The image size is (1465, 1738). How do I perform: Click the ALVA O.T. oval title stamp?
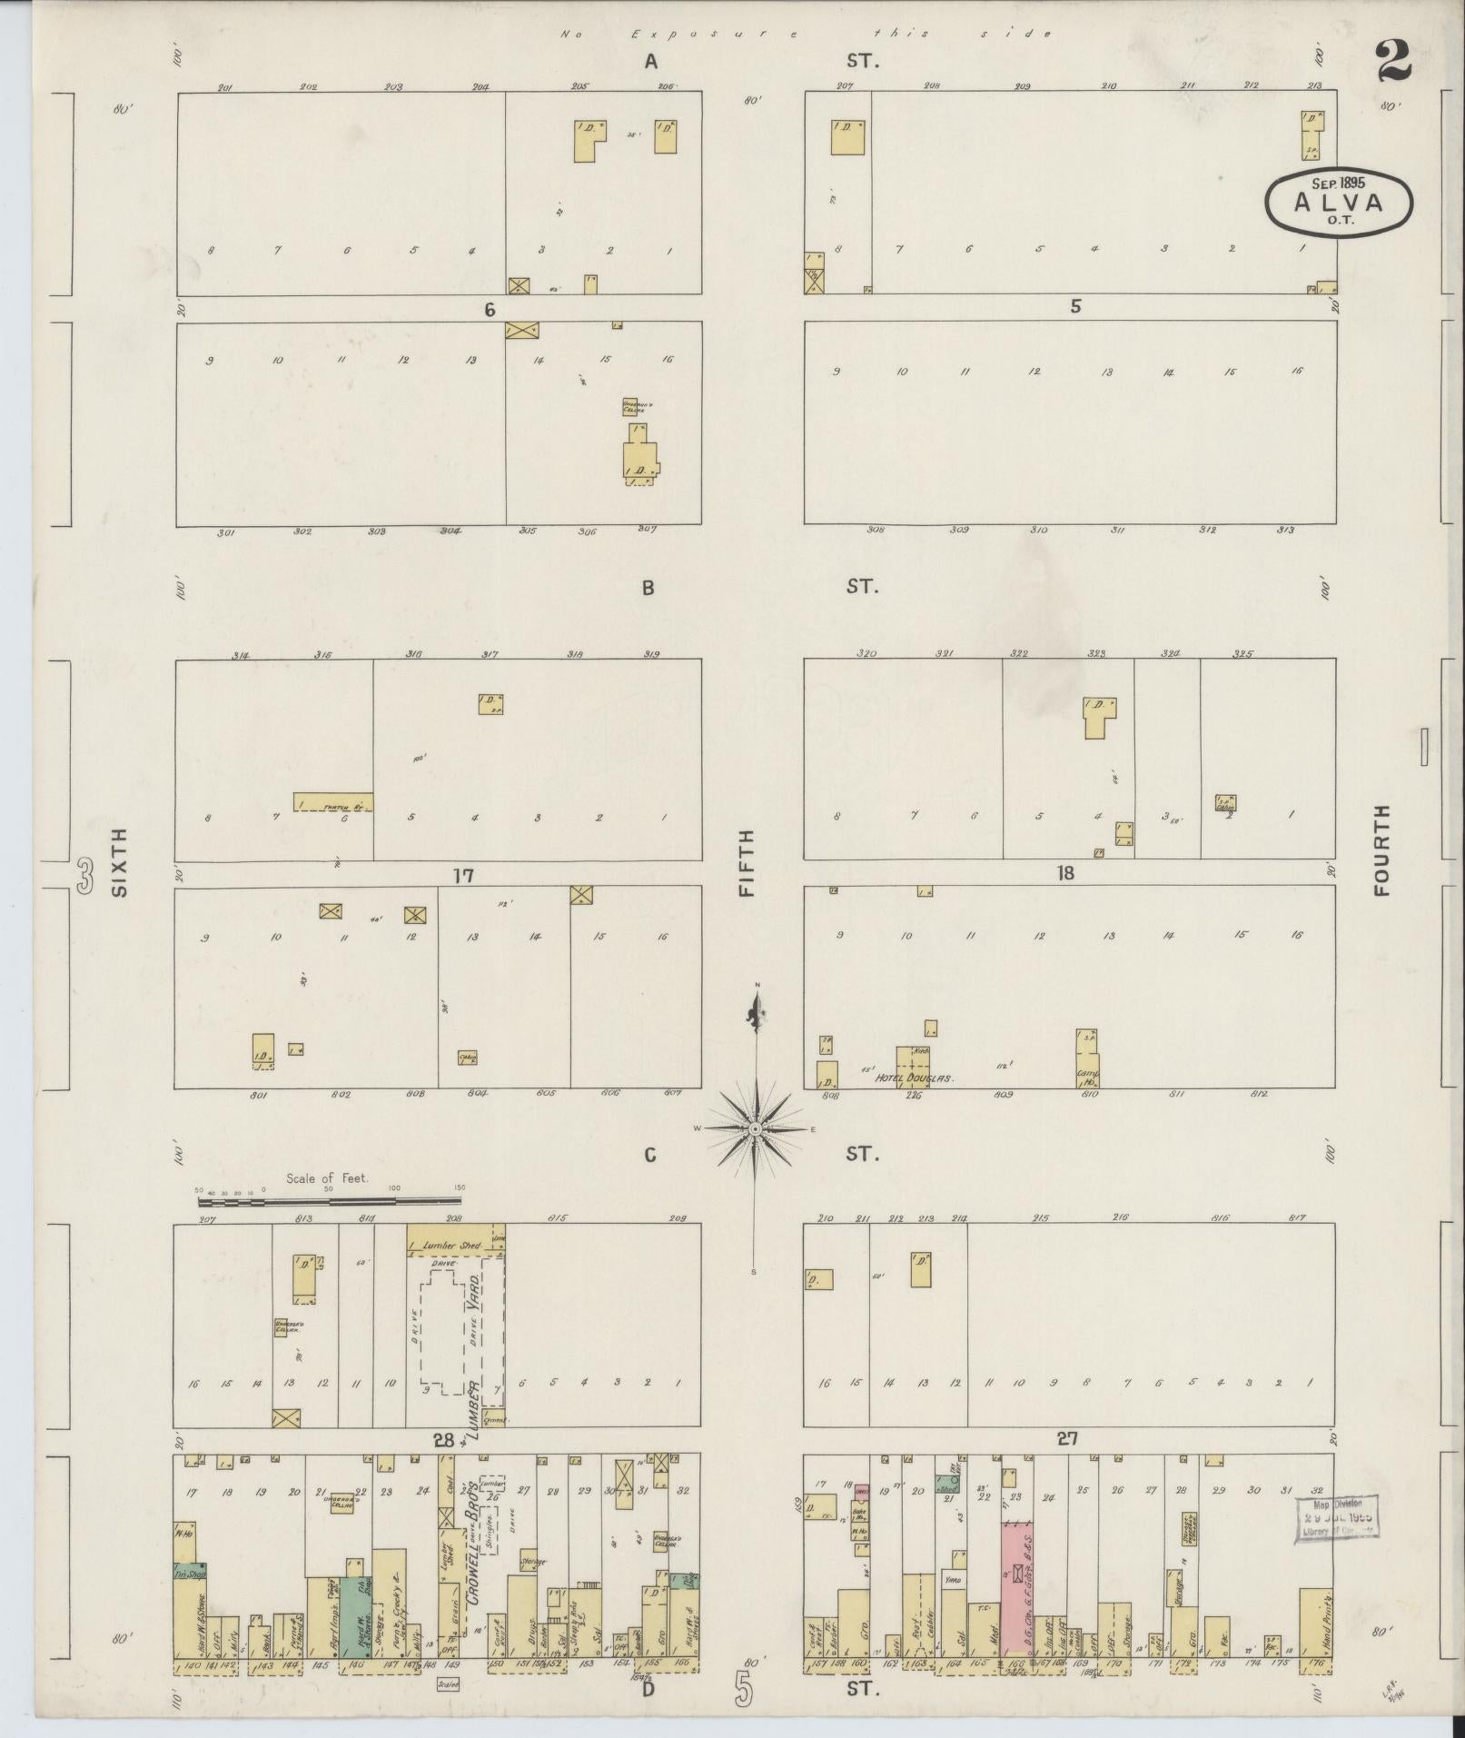coord(1340,202)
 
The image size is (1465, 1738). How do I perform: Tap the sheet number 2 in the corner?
coord(1391,61)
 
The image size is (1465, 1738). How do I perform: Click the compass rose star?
coord(755,1128)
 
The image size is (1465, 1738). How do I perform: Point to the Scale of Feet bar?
coord(330,1202)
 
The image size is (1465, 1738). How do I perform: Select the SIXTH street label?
coord(120,862)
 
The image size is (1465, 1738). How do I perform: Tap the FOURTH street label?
coord(1382,849)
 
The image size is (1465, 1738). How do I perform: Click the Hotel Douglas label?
coord(913,1078)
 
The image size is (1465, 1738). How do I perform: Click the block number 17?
coord(464,876)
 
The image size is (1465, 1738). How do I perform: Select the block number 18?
coord(1064,873)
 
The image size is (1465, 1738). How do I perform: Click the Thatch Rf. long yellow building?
coord(332,803)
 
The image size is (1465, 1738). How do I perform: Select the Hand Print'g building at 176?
coord(1316,1623)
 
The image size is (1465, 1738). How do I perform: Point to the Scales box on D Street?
coord(448,1684)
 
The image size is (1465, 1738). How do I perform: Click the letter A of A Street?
coord(649,62)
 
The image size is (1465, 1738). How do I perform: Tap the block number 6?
coord(490,310)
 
